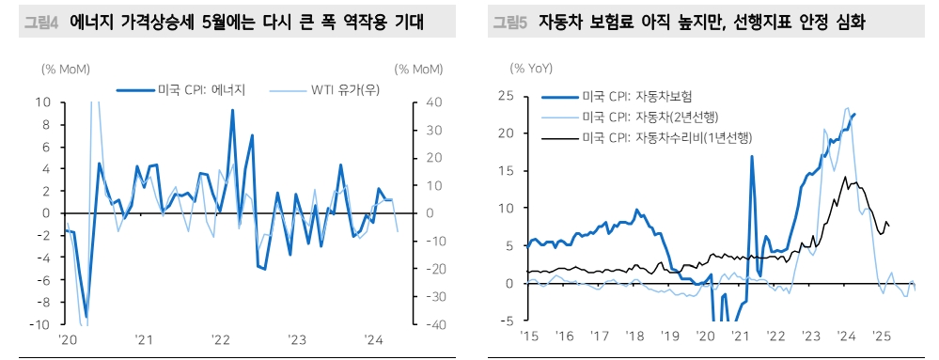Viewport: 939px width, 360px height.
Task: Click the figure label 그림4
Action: pos(39,21)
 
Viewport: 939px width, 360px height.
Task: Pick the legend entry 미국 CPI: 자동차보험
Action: pos(636,96)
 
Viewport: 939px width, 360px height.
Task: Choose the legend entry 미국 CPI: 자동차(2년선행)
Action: pos(649,117)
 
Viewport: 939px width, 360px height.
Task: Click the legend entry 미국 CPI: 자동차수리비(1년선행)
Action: pos(668,138)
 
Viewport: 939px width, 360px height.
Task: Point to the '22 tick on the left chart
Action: pos(219,340)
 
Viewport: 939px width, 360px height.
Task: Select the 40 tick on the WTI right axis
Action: pos(425,102)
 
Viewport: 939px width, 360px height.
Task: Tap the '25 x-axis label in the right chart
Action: pos(881,336)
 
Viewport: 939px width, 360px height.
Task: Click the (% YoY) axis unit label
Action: pos(532,68)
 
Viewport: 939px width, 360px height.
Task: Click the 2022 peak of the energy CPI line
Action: pos(232,110)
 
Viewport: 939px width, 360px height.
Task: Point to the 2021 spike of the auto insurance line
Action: pos(752,156)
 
